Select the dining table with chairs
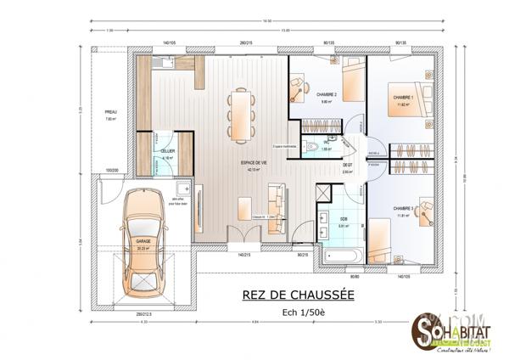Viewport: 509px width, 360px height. [x=240, y=112]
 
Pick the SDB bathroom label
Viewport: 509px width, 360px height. [x=344, y=219]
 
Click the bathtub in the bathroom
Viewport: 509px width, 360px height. [x=342, y=255]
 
